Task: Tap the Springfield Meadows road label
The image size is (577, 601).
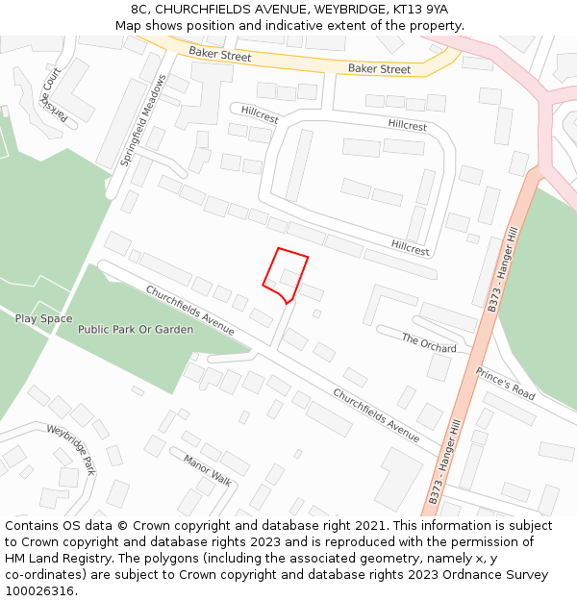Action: [x=142, y=121]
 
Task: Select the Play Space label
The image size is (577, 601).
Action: [x=43, y=318]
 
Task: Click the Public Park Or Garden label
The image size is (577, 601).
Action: [x=136, y=330]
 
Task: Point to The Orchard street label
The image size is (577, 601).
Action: [x=429, y=342]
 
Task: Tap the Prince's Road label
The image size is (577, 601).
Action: [x=505, y=384]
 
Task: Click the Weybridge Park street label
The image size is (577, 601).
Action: [x=71, y=450]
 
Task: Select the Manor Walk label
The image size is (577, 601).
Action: [x=208, y=470]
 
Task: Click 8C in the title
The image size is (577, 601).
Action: [x=140, y=9]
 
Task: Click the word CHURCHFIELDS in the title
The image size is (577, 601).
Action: [x=211, y=9]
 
